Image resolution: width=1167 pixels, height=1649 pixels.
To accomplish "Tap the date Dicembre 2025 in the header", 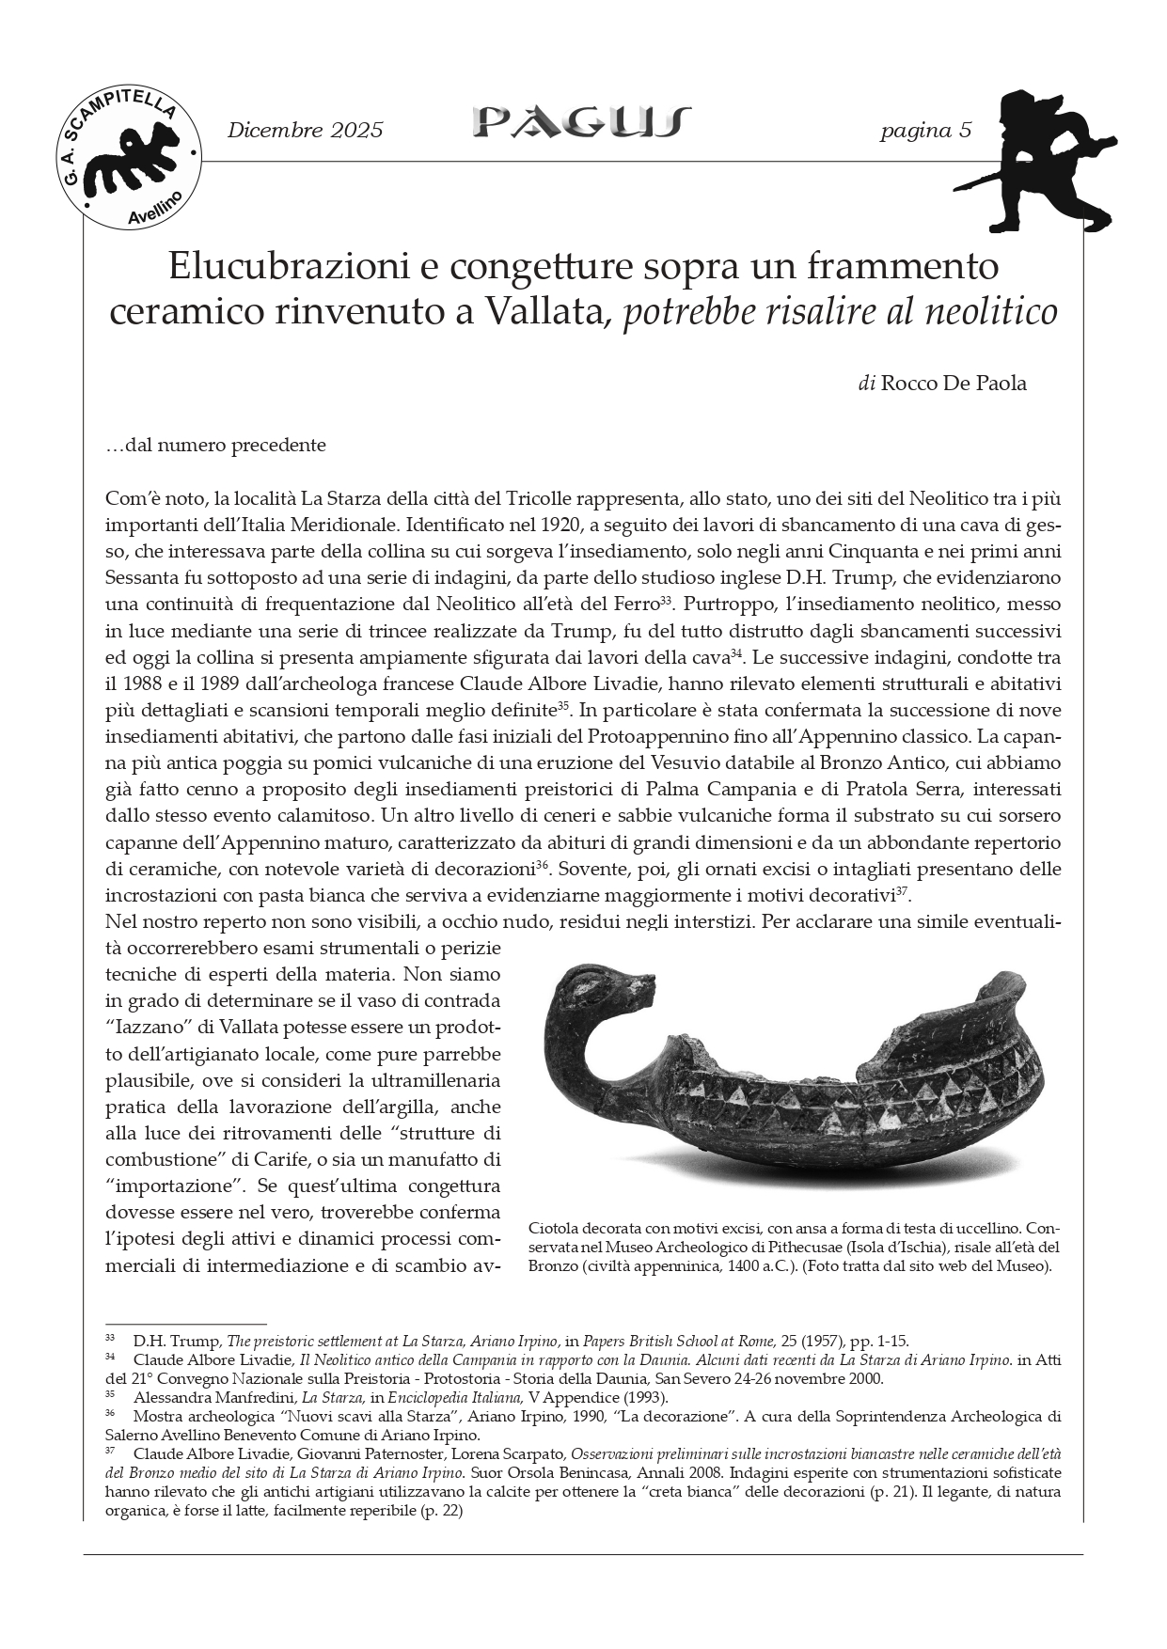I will (305, 131).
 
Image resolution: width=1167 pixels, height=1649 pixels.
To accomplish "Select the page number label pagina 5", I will (925, 131).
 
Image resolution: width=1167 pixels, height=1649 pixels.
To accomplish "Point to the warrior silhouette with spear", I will (1045, 160).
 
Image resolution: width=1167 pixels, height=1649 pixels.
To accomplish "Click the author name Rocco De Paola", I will (954, 384).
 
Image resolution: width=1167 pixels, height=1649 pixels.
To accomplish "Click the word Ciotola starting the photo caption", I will (554, 1228).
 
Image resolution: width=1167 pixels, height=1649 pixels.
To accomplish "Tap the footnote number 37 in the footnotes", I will (110, 1450).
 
